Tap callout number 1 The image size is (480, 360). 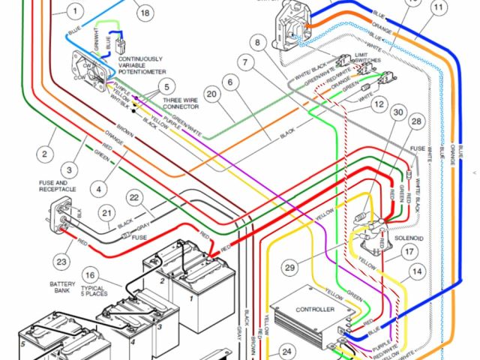pyautogui.click(x=74, y=11)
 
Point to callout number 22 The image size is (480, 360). pyautogui.click(x=134, y=198)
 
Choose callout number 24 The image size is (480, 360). pyautogui.click(x=286, y=350)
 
